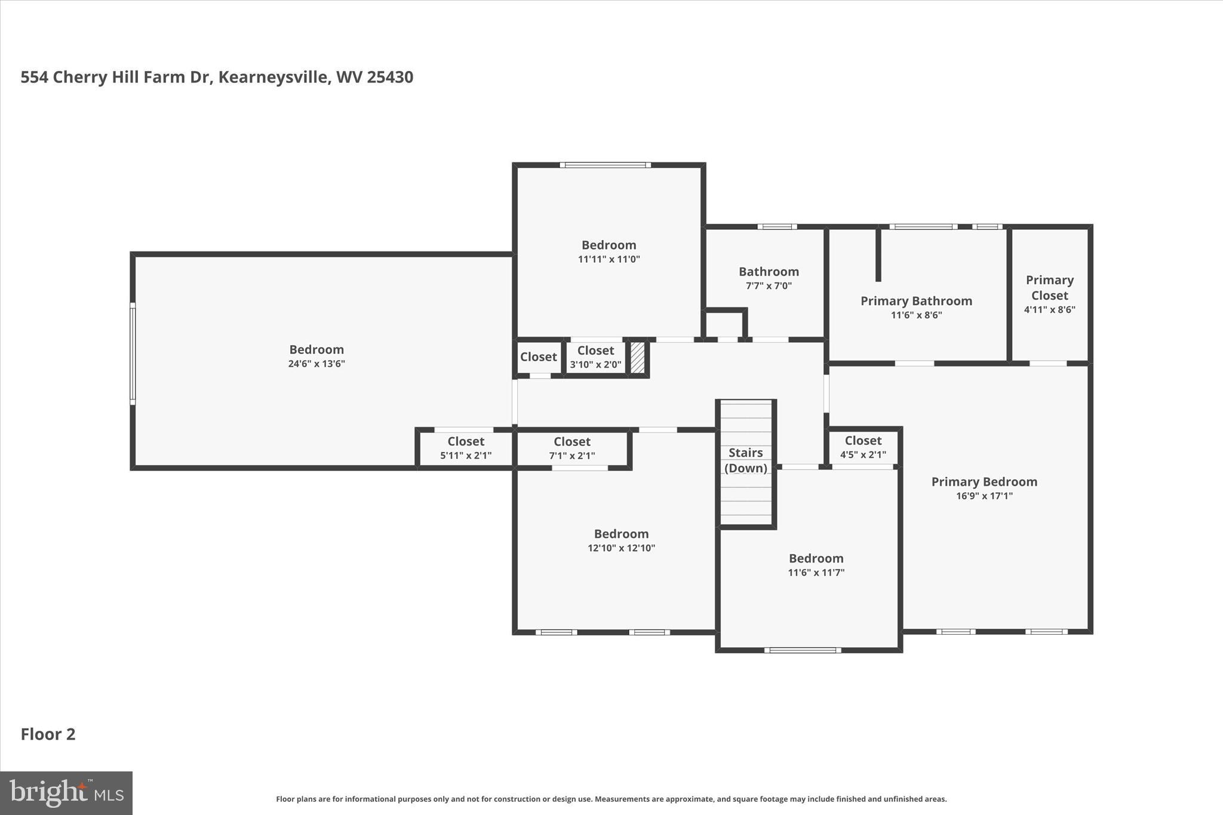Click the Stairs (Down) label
click(x=745, y=460)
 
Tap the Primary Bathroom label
click(x=916, y=301)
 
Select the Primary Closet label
click(x=1049, y=287)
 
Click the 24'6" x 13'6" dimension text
click(x=316, y=364)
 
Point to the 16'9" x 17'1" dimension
click(x=984, y=496)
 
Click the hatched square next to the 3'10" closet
click(x=638, y=358)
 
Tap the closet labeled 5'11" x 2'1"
click(x=466, y=447)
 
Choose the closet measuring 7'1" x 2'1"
click(x=571, y=447)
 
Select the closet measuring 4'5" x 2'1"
click(x=863, y=447)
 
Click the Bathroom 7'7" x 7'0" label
click(x=769, y=278)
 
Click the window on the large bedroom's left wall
click(x=133, y=353)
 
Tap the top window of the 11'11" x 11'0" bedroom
click(x=605, y=165)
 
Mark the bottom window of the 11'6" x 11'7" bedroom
click(x=803, y=650)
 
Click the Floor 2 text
click(x=48, y=734)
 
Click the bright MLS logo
click(x=66, y=793)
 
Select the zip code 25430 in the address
click(x=390, y=77)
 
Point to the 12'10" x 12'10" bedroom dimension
click(x=621, y=548)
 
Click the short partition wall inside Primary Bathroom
click(x=878, y=254)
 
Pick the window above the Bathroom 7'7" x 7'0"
click(x=777, y=227)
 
